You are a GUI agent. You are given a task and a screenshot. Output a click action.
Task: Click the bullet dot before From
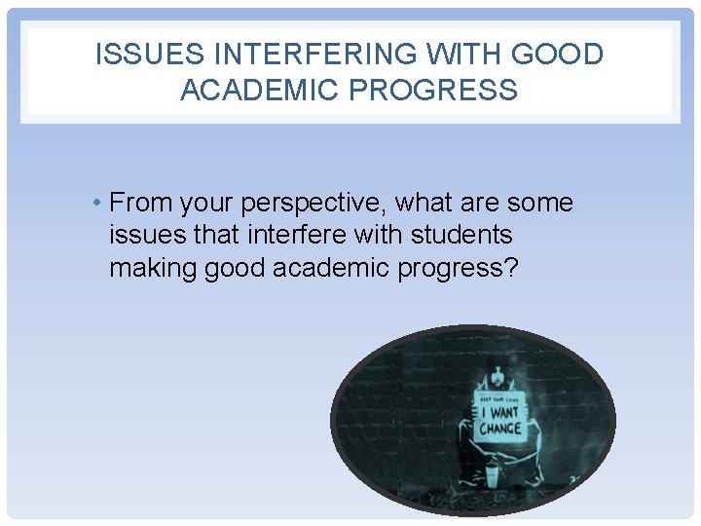pyautogui.click(x=99, y=204)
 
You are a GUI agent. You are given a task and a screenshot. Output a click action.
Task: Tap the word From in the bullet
pyautogui.click(x=139, y=204)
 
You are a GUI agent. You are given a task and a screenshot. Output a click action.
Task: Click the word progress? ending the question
pyautogui.click(x=460, y=267)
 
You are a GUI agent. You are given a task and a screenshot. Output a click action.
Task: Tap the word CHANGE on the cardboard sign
pyautogui.click(x=499, y=429)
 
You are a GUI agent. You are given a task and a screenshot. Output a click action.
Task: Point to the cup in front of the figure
pyautogui.click(x=493, y=476)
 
